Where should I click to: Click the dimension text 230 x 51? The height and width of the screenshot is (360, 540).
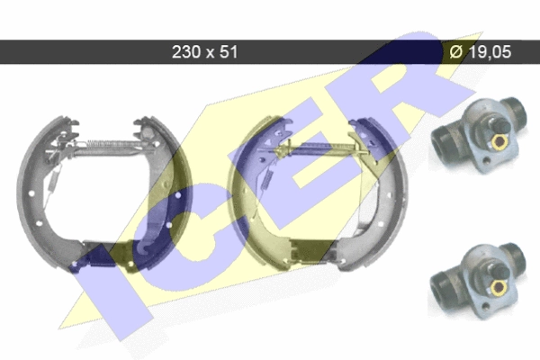click(204, 52)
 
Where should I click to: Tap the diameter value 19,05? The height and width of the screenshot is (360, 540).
click(490, 52)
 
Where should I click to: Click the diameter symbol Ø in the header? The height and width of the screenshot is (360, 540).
click(456, 52)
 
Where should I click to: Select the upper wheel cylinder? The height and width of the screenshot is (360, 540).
click(480, 135)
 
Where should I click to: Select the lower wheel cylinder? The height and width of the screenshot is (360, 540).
click(478, 281)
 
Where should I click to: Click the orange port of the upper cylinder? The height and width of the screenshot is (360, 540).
click(498, 141)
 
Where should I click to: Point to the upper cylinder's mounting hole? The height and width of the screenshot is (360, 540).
click(486, 160)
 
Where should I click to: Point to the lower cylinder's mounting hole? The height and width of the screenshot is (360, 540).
click(485, 306)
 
